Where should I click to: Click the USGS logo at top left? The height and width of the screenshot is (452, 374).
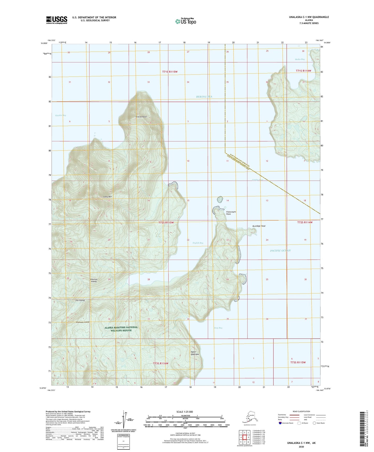coord(57,20)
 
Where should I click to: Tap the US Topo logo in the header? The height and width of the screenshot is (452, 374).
coord(185,21)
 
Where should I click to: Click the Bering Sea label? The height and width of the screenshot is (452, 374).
coord(204,97)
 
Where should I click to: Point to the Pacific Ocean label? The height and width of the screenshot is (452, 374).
coord(280,251)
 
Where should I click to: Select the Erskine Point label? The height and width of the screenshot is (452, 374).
coord(141,117)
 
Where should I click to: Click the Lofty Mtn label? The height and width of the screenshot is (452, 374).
coord(107,197)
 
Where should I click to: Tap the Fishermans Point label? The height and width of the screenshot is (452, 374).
coord(231,213)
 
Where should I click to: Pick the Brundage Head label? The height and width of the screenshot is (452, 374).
coord(259,226)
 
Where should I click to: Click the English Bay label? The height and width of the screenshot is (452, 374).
coord(198,243)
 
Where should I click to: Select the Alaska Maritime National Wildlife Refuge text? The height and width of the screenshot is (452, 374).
coord(121,329)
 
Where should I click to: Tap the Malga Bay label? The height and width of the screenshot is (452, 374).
coord(300,59)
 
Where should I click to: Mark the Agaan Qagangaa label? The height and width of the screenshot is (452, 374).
coord(195,353)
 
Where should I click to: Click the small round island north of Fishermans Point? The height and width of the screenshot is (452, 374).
coord(220,199)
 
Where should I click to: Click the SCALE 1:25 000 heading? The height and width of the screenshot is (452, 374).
coord(184,412)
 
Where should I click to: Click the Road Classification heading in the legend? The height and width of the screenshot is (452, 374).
coord(301,411)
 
